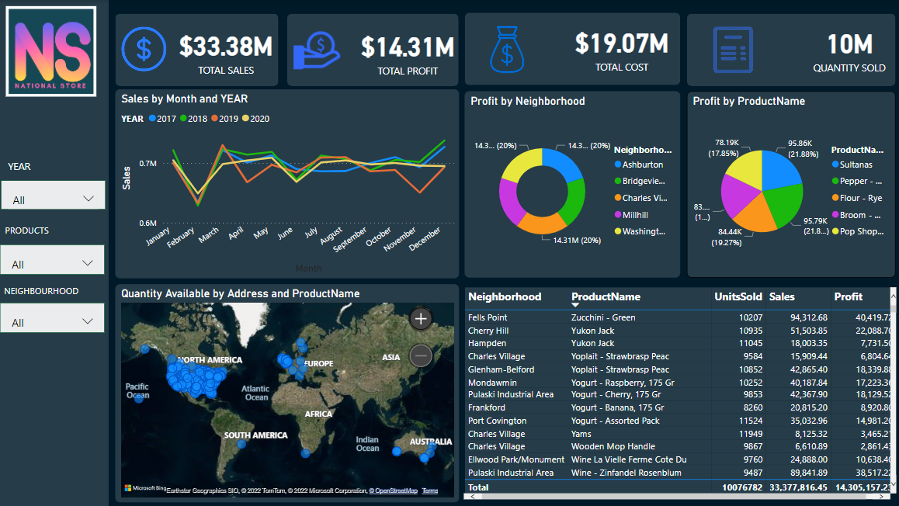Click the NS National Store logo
51,52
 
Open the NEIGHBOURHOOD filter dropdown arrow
87,321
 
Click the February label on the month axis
180,237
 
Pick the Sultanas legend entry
855,165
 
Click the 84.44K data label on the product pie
730,232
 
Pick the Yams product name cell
581,434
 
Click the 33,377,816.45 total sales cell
798,487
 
